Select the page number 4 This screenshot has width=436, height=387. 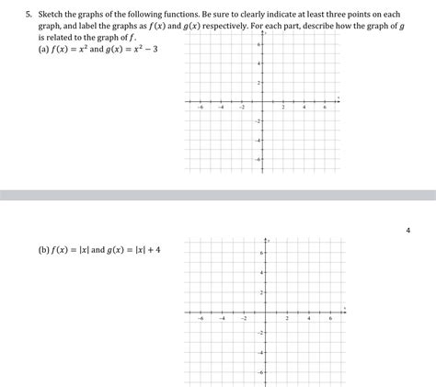(x=407, y=230)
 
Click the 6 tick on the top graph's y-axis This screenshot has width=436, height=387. (x=258, y=44)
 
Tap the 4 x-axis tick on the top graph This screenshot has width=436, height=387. (x=304, y=107)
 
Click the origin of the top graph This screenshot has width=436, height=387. (x=263, y=101)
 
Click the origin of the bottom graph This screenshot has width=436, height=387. (x=266, y=312)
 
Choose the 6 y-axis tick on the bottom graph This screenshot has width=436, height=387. (x=261, y=253)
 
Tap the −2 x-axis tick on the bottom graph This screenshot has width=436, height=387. (x=245, y=317)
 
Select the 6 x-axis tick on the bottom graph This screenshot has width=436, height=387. (x=329, y=317)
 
